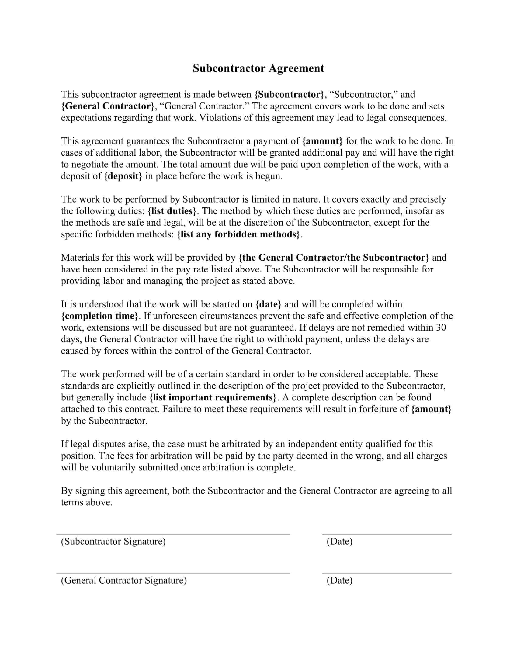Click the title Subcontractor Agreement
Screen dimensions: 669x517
tap(258, 68)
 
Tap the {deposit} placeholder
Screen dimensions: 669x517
tap(123, 176)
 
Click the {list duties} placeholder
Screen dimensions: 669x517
tap(172, 211)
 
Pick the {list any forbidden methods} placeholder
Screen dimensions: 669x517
tap(239, 234)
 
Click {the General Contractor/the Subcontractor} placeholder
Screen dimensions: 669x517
tap(334, 258)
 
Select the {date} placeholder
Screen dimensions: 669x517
tap(268, 304)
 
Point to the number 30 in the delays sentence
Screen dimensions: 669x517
tap(441, 328)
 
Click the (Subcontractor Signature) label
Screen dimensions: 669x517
tap(113, 541)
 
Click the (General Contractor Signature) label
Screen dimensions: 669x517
tap(124, 580)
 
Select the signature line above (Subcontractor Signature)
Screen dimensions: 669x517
tap(173, 535)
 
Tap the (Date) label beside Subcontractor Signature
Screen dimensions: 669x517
tap(339, 541)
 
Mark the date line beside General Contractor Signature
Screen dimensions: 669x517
tap(387, 573)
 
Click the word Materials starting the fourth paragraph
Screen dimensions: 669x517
tap(80, 258)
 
